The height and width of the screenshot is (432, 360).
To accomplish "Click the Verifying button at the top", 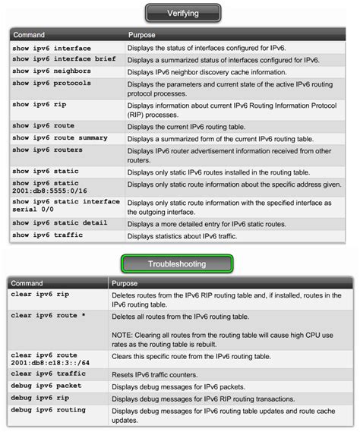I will (x=182, y=13).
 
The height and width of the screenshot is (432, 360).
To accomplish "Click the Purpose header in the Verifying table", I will (x=141, y=34).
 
